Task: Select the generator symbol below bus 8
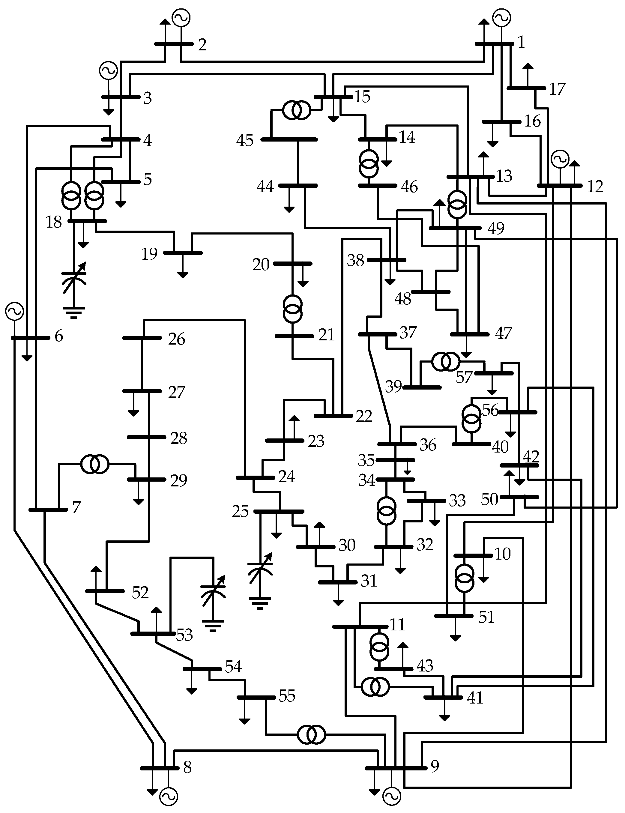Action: tap(169, 797)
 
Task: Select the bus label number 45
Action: tap(245, 141)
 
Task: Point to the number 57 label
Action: tap(464, 378)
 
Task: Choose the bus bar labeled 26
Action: tap(142, 338)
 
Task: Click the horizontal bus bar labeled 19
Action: tap(183, 253)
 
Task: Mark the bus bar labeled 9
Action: tap(396, 768)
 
